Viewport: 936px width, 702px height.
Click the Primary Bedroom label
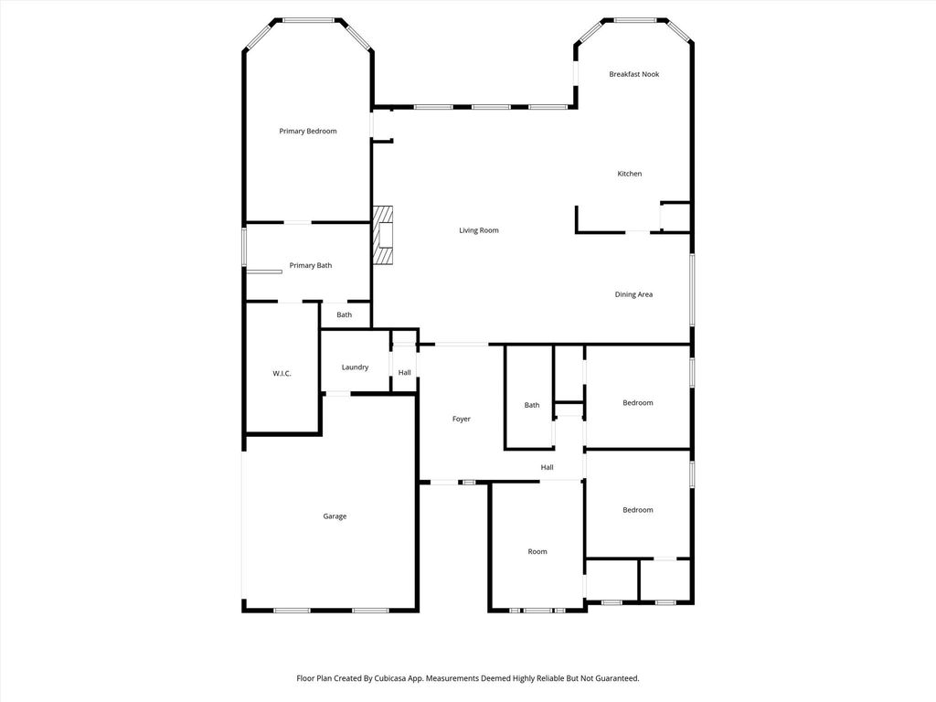tap(308, 132)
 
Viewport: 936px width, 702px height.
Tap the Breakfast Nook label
tap(634, 74)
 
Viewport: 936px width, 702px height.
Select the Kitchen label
tap(630, 174)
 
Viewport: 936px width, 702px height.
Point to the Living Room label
tap(479, 230)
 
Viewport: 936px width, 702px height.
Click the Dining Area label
tap(634, 294)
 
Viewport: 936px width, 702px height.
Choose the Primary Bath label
tap(311, 266)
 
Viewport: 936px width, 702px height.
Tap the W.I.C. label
tap(282, 374)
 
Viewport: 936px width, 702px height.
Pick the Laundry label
tap(356, 367)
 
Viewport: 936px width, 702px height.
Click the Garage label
tap(335, 516)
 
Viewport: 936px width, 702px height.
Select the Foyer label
tap(462, 419)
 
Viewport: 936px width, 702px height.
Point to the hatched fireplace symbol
tap(383, 235)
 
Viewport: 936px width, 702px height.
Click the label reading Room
tap(537, 551)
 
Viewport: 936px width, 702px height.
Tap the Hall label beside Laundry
tap(405, 373)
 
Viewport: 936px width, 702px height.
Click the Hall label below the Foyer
tap(547, 467)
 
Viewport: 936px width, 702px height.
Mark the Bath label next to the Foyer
tap(532, 405)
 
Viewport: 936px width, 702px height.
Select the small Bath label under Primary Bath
tap(345, 315)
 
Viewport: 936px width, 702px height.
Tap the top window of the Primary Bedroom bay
tap(309, 20)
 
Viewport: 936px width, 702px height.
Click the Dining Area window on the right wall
tap(693, 290)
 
